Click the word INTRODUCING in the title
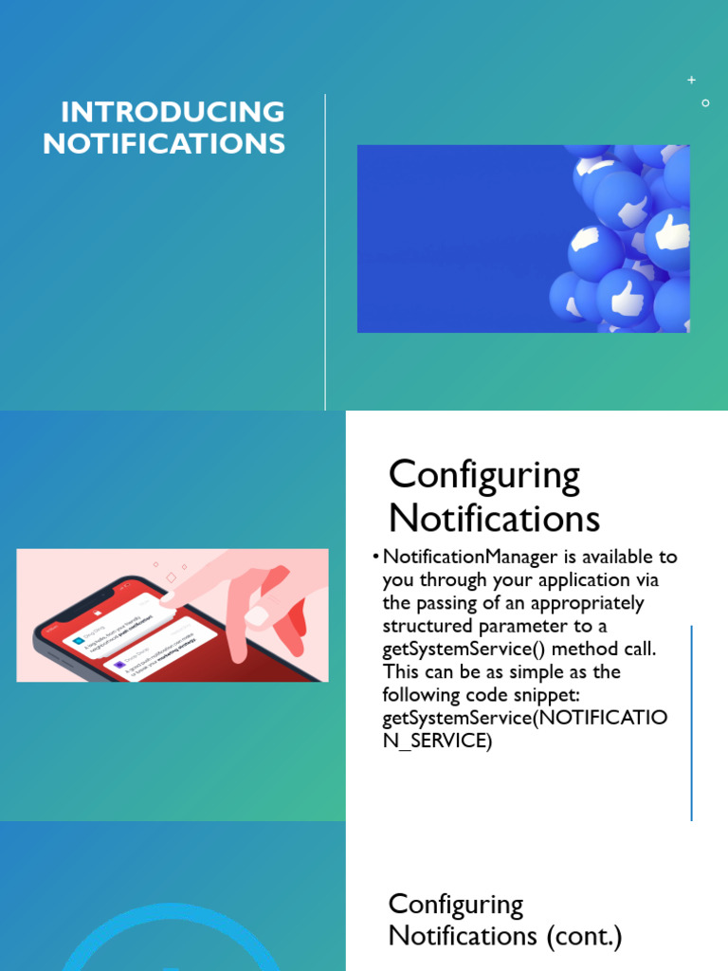(173, 112)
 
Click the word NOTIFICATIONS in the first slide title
(164, 143)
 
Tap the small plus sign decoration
(692, 81)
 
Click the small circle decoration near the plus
(705, 102)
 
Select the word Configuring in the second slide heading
(483, 475)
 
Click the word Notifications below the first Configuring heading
(494, 519)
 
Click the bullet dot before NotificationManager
(376, 557)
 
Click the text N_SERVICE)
(437, 742)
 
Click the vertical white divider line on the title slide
(325, 251)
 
